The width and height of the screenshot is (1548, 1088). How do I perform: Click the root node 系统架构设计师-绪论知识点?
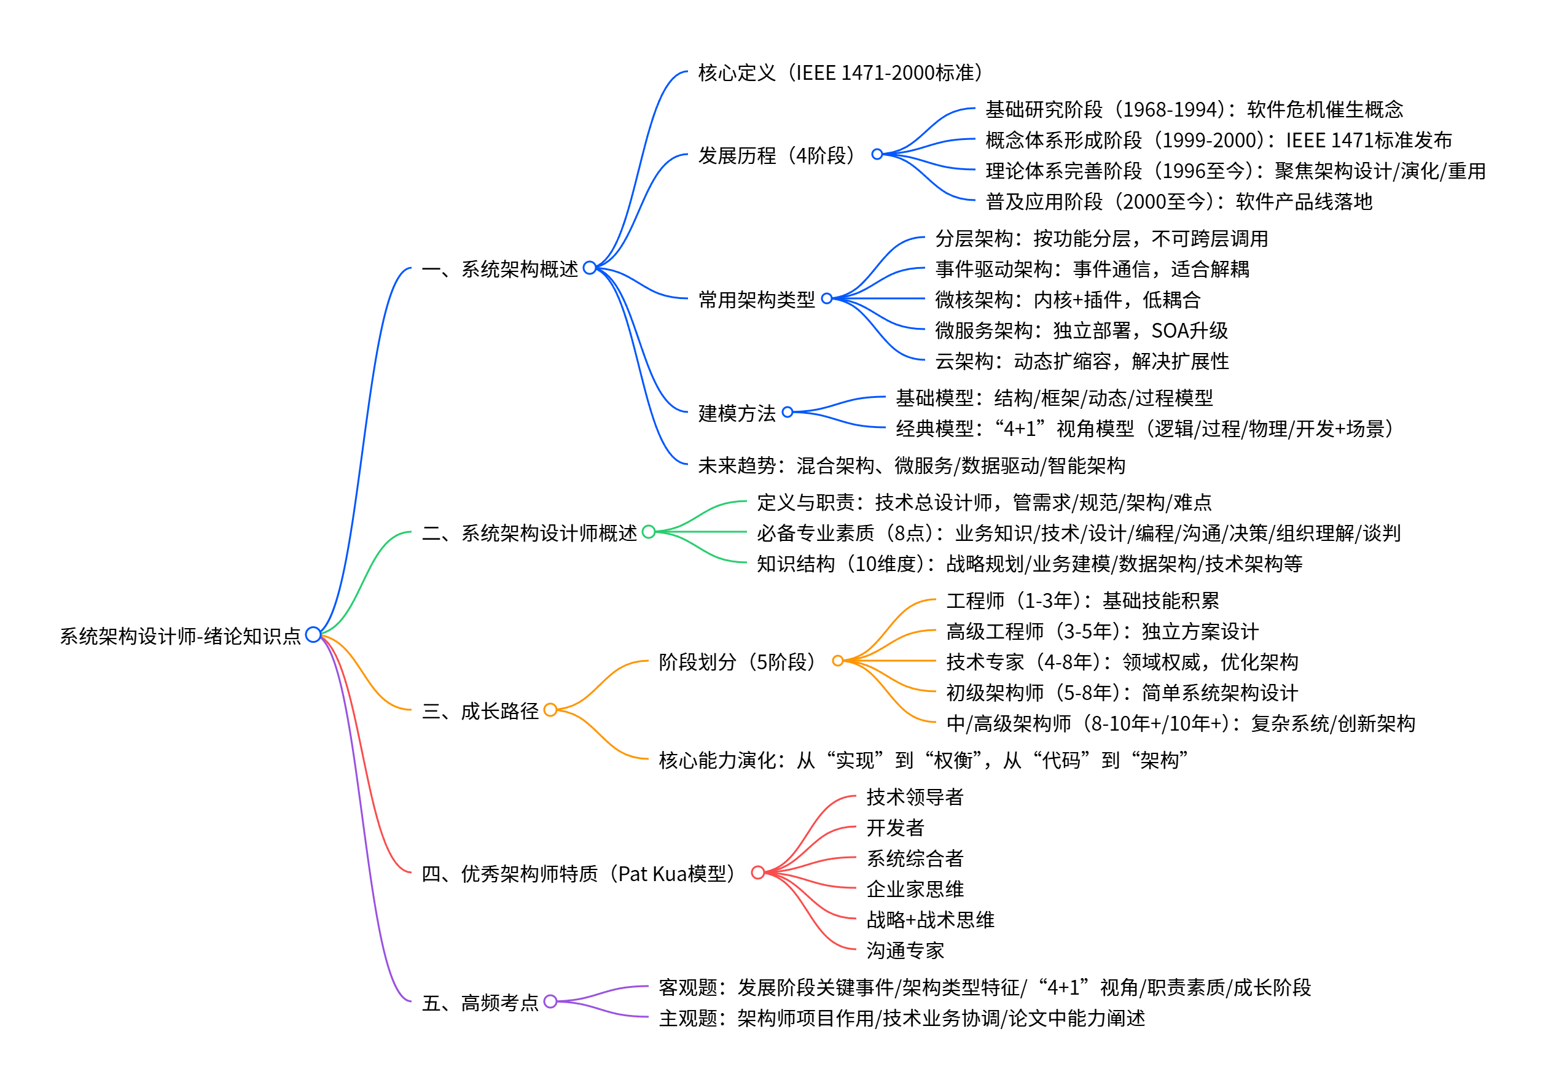(x=180, y=635)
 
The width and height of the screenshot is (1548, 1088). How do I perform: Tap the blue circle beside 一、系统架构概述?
(x=589, y=268)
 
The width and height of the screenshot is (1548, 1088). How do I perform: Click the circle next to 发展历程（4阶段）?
(x=877, y=154)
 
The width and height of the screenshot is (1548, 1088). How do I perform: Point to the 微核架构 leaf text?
(x=1067, y=299)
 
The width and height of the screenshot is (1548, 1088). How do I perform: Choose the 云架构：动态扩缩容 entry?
(x=1081, y=361)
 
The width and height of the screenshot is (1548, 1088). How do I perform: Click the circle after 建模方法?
(x=787, y=412)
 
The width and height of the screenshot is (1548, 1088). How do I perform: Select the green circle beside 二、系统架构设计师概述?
(x=649, y=532)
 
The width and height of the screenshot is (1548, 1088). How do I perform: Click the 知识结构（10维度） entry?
(x=1029, y=564)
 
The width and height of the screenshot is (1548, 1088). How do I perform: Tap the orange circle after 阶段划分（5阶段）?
(x=837, y=661)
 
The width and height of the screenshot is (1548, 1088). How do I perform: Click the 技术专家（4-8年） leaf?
(x=1122, y=662)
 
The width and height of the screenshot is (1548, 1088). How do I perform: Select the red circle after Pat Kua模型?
(x=758, y=872)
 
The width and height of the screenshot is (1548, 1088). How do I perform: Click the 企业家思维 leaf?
(x=915, y=889)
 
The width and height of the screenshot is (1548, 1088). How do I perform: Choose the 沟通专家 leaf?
(x=905, y=950)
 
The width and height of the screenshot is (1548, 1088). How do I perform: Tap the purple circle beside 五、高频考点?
(x=550, y=1001)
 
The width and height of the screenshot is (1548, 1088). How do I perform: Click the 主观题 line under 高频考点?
(x=901, y=1018)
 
